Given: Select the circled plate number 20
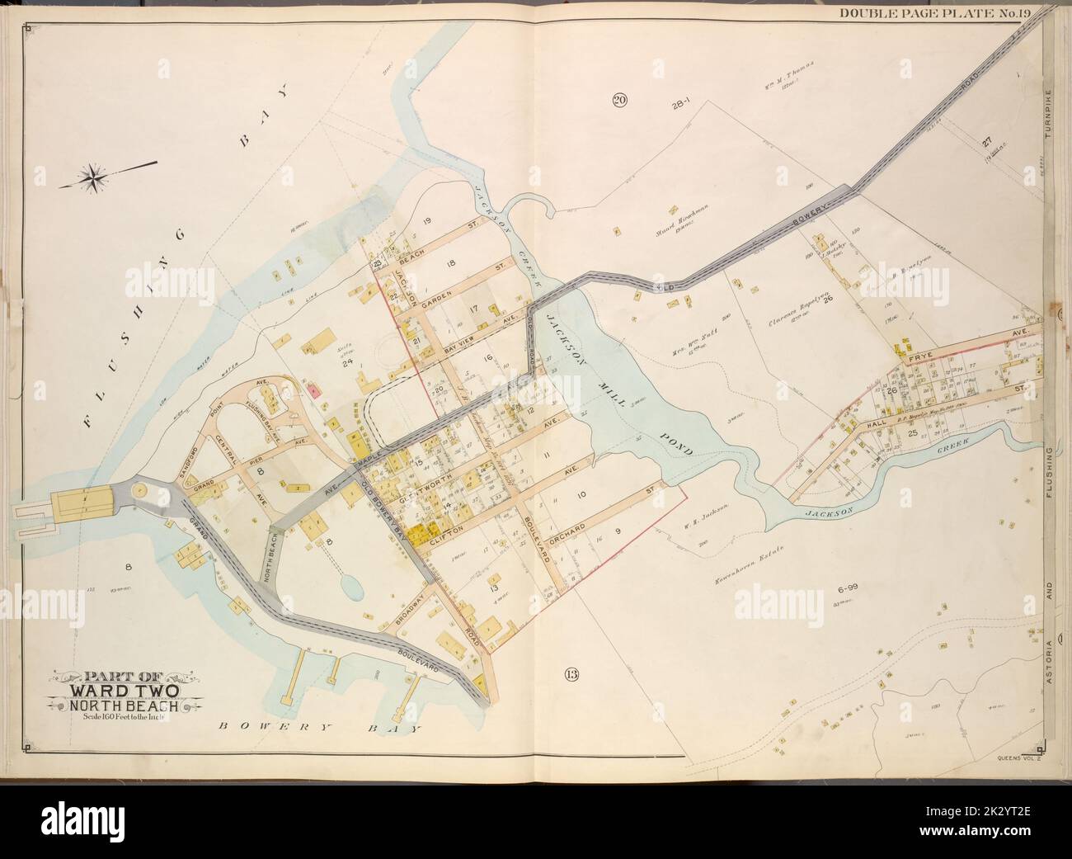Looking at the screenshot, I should [618, 101].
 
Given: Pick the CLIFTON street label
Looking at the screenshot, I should [449, 529].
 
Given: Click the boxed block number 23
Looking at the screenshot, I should [378, 264].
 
